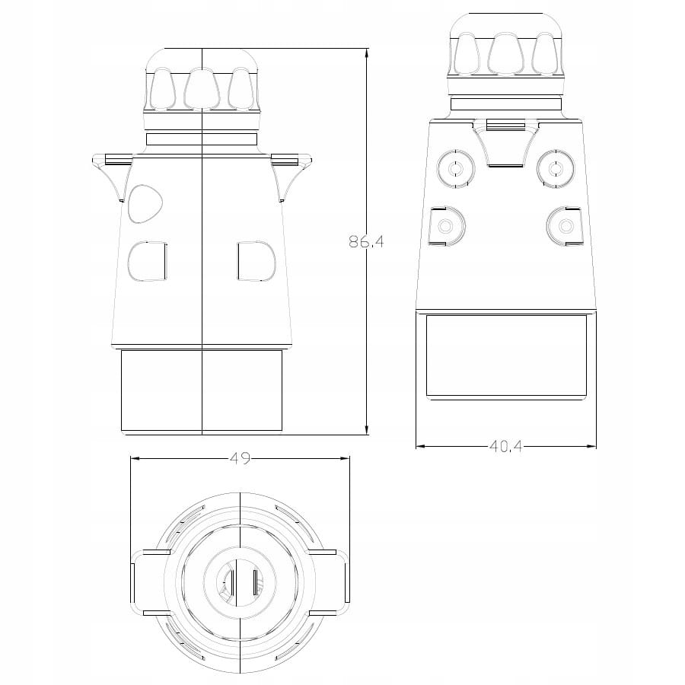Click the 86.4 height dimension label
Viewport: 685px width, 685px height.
tap(366, 241)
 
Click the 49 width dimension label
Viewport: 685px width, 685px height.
tap(240, 458)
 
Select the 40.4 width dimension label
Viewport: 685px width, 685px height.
tap(505, 446)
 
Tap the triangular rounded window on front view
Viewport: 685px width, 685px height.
tap(145, 202)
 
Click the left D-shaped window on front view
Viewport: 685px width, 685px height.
tap(147, 261)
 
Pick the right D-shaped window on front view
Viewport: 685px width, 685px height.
tap(256, 261)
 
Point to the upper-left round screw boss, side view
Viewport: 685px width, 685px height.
tap(456, 169)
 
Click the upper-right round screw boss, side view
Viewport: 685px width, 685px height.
tap(556, 169)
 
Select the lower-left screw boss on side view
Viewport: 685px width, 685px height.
tap(448, 226)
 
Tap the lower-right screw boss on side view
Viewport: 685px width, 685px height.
tap(565, 226)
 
